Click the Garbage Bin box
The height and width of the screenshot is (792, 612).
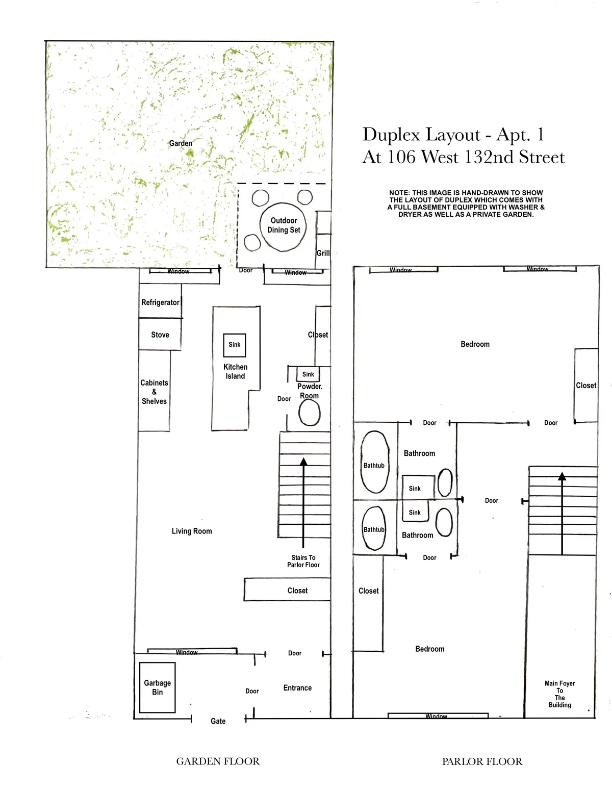(158, 687)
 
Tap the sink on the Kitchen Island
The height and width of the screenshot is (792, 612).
(235, 345)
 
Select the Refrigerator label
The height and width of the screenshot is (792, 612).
(160, 302)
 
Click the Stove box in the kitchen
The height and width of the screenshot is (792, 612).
(160, 335)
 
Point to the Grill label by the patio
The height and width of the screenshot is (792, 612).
(323, 253)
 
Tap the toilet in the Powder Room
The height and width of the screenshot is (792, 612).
(309, 413)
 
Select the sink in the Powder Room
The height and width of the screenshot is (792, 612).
(308, 374)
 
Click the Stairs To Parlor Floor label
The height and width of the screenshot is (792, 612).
(303, 561)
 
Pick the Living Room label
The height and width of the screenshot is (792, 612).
(192, 531)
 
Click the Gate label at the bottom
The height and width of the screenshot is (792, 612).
(218, 721)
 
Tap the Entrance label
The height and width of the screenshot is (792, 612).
(297, 688)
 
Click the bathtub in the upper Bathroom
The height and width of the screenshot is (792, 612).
(374, 463)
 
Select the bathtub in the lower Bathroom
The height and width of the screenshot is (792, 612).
(374, 529)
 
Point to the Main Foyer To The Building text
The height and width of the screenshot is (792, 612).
(559, 694)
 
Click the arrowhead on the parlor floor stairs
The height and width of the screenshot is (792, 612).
(562, 477)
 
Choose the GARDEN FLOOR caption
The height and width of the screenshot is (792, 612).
(218, 761)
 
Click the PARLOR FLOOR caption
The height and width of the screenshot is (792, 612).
(482, 761)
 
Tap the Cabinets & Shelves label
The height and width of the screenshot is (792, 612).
(154, 392)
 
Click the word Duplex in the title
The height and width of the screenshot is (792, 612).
(391, 135)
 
